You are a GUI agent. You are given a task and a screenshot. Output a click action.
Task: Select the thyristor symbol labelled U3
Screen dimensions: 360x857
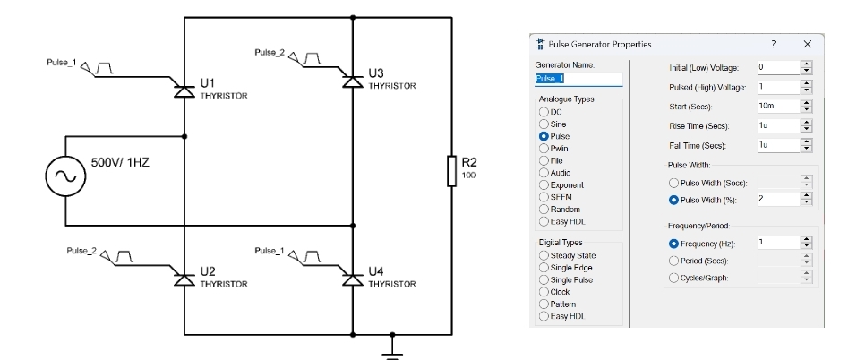353,79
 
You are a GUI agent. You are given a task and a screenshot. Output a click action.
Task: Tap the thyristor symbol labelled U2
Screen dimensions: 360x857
184,279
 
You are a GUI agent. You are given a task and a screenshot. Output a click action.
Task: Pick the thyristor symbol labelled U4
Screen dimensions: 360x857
353,279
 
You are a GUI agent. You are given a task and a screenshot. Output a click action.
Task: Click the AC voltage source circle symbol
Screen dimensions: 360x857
65,176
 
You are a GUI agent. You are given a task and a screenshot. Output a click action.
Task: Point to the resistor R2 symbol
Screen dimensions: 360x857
450,170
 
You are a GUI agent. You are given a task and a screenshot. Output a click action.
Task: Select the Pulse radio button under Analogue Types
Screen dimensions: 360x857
543,136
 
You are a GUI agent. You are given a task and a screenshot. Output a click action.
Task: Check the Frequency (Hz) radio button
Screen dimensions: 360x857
676,243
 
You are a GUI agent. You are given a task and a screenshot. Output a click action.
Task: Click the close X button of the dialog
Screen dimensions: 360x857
807,44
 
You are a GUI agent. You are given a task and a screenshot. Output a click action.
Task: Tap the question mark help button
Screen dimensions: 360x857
773,44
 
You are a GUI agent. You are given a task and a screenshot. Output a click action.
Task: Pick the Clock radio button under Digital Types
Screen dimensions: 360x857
543,292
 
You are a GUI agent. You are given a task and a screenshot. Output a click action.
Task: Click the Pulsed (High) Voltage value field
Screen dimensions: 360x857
776,87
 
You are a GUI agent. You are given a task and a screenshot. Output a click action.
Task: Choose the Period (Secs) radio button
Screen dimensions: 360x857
676,261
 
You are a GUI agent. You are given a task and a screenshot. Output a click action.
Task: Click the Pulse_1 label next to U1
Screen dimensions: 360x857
62,64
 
